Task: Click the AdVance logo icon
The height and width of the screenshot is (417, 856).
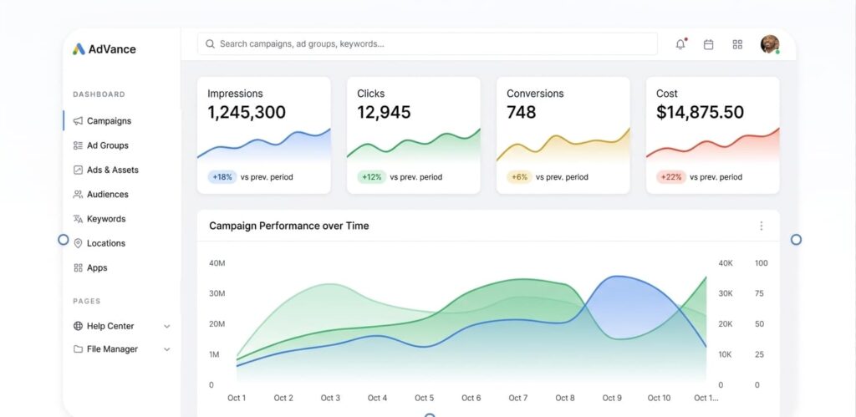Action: tap(79, 49)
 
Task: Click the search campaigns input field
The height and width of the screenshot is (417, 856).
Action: tap(426, 43)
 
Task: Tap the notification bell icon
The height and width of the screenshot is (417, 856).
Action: tap(680, 44)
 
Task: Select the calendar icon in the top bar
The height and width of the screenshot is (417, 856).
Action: tap(708, 44)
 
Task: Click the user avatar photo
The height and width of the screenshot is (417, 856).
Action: tap(769, 44)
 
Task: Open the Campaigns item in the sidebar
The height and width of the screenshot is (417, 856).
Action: tap(109, 121)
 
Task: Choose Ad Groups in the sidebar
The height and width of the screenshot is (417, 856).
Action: tap(107, 145)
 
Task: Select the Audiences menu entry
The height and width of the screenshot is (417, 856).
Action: tap(107, 195)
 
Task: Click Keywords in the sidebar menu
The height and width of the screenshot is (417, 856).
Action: tap(105, 219)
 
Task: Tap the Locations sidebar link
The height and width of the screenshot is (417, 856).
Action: tap(105, 243)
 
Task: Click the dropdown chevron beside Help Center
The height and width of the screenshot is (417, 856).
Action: tap(166, 327)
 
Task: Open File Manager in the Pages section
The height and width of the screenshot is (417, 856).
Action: tap(112, 349)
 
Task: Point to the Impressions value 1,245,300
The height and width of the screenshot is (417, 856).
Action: tap(247, 112)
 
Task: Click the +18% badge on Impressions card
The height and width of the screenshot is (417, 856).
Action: tap(222, 177)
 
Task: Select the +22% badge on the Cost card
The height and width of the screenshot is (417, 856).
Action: tap(671, 177)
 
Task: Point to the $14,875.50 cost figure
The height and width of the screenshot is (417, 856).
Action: tap(700, 112)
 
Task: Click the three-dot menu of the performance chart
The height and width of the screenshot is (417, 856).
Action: tap(761, 226)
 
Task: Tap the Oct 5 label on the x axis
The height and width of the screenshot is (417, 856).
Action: tap(424, 398)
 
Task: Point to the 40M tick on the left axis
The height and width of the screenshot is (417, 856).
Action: tap(217, 263)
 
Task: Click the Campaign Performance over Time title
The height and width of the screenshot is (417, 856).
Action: tap(288, 226)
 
